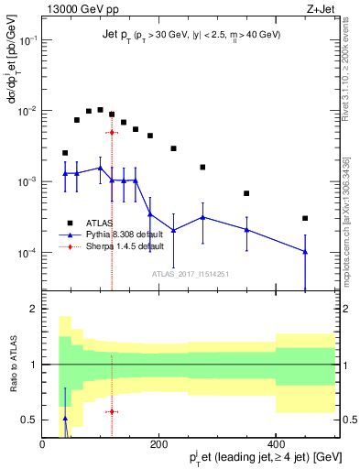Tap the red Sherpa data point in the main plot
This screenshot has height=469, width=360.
[x=112, y=132]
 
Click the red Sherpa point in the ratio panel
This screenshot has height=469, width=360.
[x=112, y=411]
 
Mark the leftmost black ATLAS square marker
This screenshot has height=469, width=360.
[x=65, y=153]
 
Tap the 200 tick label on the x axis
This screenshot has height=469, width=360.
[x=158, y=442]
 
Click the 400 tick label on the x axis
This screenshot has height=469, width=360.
[x=276, y=442]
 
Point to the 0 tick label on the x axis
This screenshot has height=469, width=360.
[x=42, y=442]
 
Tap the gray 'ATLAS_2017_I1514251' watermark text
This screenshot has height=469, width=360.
[x=190, y=274]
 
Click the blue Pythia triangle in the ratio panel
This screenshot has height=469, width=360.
[x=65, y=418]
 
